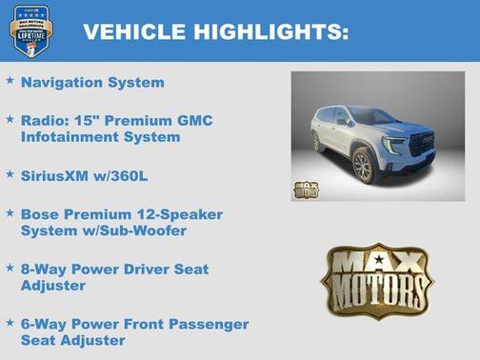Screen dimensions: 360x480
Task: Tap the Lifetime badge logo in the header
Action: [30, 30]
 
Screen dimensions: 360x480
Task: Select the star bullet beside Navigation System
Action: [10, 81]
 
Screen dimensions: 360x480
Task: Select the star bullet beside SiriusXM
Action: [10, 174]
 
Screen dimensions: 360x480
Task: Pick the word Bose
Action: [40, 214]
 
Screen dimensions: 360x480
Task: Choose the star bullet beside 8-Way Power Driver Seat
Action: [10, 268]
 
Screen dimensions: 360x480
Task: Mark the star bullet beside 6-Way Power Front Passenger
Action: [10, 322]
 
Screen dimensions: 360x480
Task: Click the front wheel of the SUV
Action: [362, 165]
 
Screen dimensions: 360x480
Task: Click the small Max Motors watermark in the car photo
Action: [306, 189]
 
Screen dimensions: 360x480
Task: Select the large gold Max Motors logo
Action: [377, 280]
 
